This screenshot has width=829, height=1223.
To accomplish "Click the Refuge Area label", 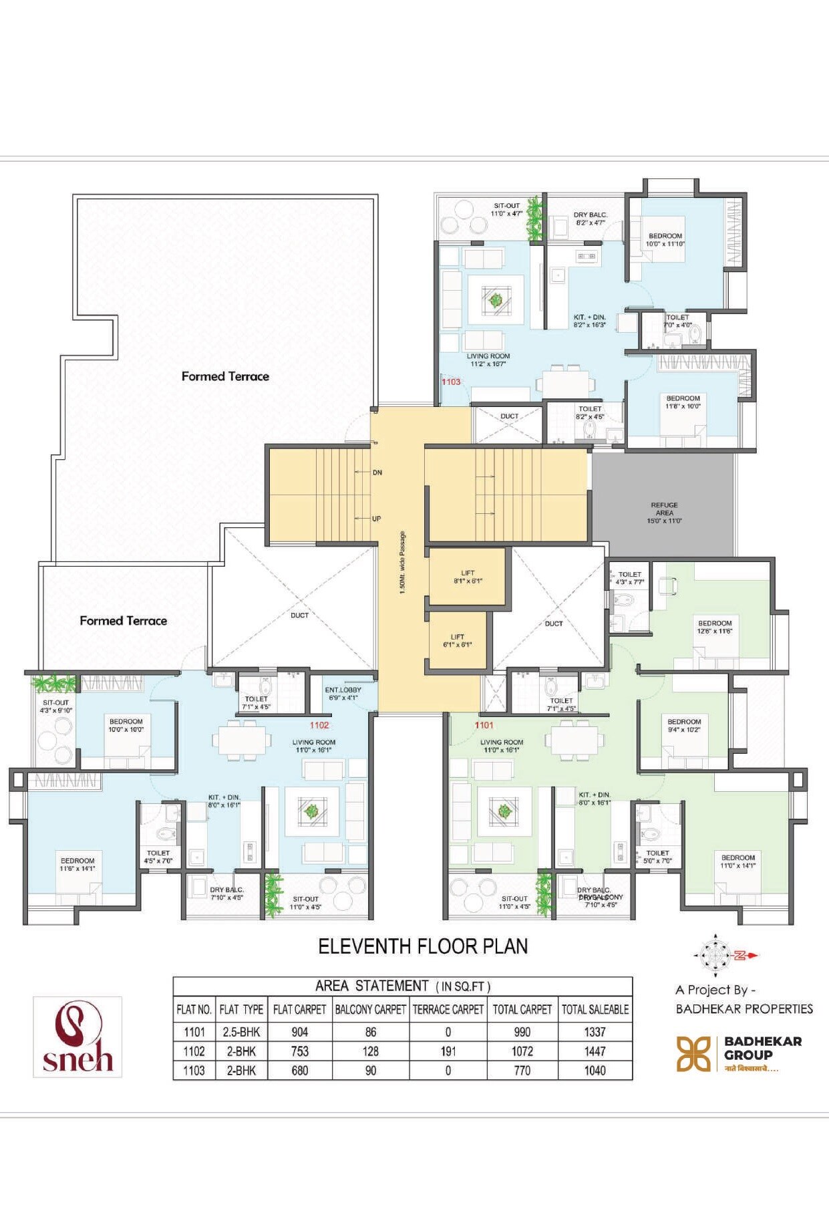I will click(x=664, y=513).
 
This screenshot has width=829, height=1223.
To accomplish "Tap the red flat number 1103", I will click(x=451, y=382).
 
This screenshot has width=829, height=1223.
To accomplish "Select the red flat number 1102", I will click(x=319, y=725).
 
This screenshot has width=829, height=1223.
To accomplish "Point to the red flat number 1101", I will click(x=484, y=725).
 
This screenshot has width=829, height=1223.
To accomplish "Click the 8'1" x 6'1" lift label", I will click(x=468, y=577).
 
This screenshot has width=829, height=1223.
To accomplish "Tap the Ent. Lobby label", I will click(x=343, y=694).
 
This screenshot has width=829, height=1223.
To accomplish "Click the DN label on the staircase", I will click(x=377, y=472).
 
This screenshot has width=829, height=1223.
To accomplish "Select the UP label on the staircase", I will click(x=376, y=519).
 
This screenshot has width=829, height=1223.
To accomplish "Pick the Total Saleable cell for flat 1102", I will click(x=595, y=1051).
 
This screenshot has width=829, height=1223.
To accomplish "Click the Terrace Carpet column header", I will click(x=448, y=1010).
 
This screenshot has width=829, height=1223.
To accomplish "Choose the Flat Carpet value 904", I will click(x=300, y=1032).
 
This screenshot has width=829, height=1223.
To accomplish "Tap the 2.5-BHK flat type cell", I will click(x=241, y=1032).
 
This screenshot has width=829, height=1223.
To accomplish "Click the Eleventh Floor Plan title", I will click(x=423, y=946).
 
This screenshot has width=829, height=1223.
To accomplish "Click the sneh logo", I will click(x=77, y=1037).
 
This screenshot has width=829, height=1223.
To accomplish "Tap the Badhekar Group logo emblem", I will click(x=694, y=1054).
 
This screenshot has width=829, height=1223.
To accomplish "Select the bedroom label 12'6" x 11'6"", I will click(x=715, y=627).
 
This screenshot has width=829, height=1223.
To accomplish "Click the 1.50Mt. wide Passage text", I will click(x=402, y=563).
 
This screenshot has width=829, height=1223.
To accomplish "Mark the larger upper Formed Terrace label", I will click(x=225, y=376).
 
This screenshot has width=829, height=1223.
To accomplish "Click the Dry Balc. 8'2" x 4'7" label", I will click(x=591, y=219).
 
